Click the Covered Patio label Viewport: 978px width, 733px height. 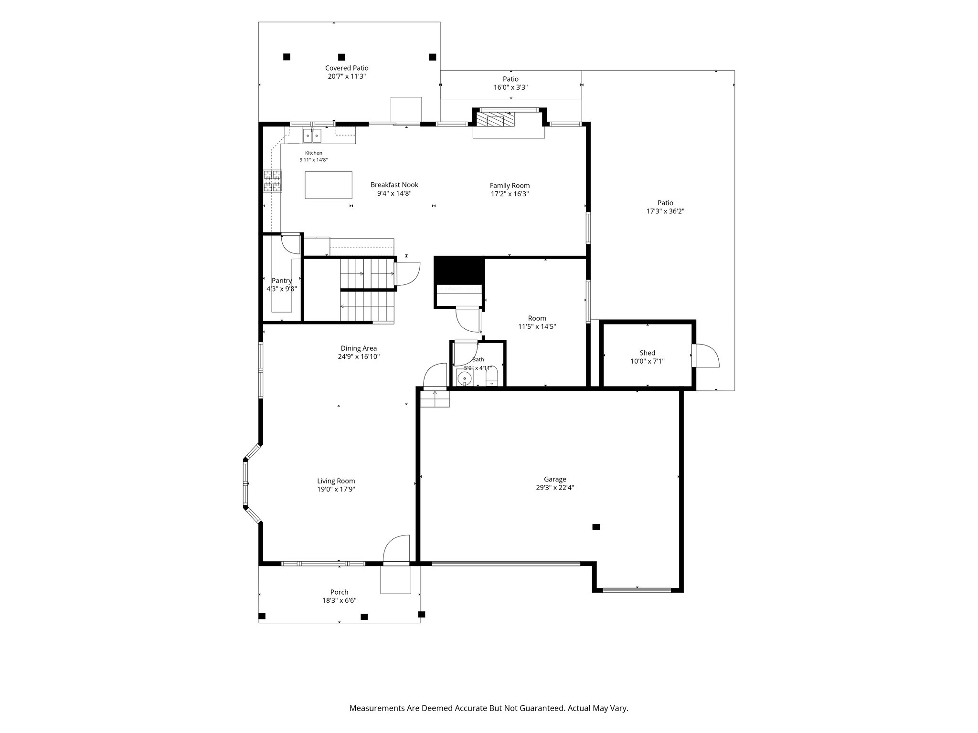tap(347, 68)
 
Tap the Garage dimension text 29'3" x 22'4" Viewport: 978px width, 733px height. tap(555, 488)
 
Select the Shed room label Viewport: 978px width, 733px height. tap(648, 353)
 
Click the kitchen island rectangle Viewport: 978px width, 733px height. tap(329, 185)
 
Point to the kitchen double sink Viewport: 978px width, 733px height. tap(311, 136)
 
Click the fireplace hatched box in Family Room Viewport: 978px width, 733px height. tap(497, 119)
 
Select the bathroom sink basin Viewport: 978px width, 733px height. tap(464, 378)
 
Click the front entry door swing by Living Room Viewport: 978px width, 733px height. tap(396, 549)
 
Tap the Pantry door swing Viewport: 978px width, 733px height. tap(290, 244)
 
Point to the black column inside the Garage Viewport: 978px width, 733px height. tap(596, 527)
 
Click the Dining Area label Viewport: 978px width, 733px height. tap(359, 348)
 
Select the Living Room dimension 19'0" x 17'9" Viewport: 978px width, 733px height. tap(336, 489)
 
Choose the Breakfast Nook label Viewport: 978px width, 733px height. tap(394, 185)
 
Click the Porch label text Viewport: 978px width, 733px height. tap(340, 592)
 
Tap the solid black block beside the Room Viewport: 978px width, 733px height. tap(459, 270)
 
